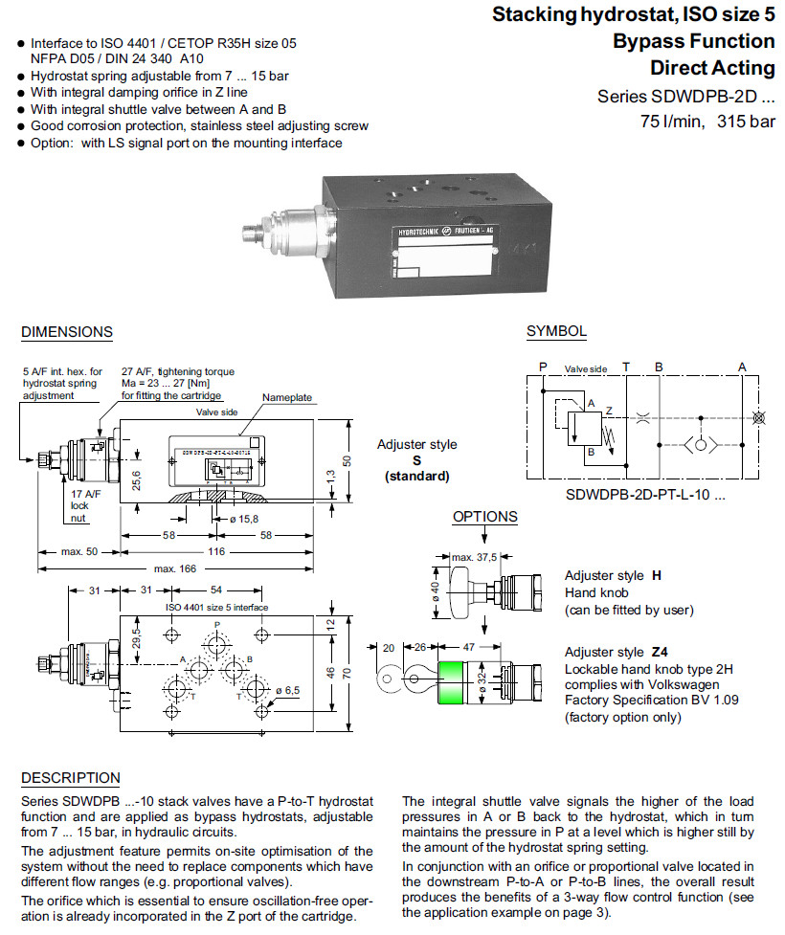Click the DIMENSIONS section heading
coord(67,332)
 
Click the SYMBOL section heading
coord(556,331)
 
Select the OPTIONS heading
coord(485,517)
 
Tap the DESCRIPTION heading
coord(71,778)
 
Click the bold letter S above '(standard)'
coord(416,460)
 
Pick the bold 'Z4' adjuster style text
coord(659,652)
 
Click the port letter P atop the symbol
coord(543,367)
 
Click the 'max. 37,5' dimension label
coord(474,557)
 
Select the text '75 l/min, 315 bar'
coord(707,122)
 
